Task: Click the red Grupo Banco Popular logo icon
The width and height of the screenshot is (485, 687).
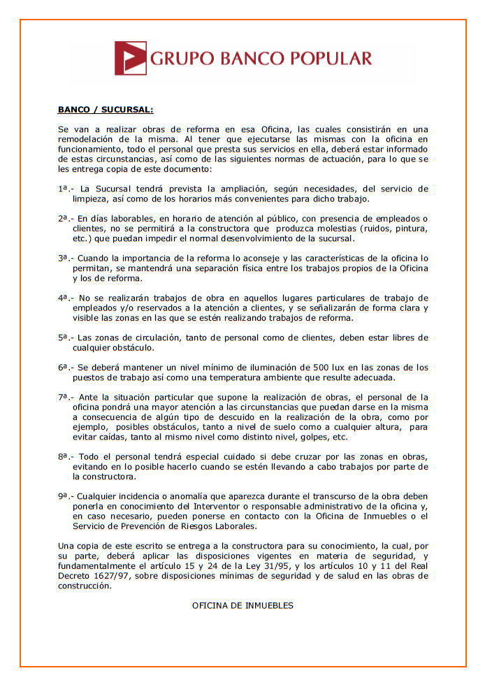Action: point(131,58)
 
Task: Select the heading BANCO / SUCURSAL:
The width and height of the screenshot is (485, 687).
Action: point(105,110)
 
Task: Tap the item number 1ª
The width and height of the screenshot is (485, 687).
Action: point(63,189)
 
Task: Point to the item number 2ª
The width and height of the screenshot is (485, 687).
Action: point(63,218)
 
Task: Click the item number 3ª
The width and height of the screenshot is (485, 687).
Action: point(63,257)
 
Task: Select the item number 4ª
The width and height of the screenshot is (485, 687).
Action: point(63,297)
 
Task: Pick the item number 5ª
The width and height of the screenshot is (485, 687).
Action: point(63,337)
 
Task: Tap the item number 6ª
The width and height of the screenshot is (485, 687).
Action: point(63,367)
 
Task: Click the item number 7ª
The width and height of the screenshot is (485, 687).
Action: point(63,396)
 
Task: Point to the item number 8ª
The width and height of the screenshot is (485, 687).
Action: point(63,456)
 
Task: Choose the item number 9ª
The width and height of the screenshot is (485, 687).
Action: point(63,495)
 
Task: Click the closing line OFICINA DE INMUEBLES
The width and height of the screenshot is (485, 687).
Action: point(243,605)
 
